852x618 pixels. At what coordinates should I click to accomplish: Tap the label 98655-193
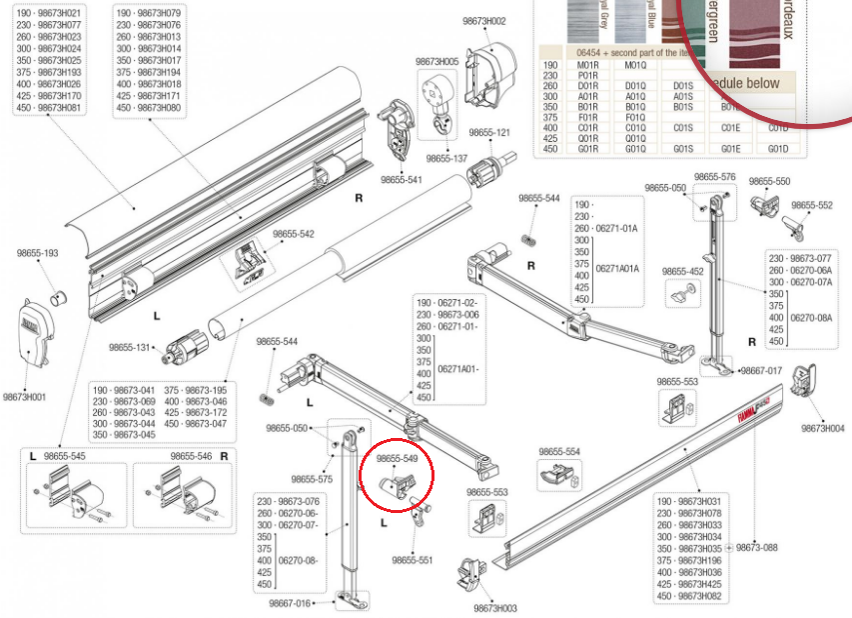click(38, 254)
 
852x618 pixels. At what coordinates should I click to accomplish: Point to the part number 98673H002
click(483, 21)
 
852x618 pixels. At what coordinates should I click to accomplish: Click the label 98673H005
click(436, 62)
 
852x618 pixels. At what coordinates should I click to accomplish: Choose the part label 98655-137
click(445, 158)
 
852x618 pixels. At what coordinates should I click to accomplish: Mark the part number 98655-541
click(401, 180)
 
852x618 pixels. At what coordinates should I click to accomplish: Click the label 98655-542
click(294, 234)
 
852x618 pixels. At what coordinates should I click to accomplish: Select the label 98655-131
click(130, 347)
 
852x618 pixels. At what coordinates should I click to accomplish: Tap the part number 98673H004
click(822, 428)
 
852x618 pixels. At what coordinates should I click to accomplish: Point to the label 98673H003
click(494, 608)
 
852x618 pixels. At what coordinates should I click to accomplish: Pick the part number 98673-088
click(756, 548)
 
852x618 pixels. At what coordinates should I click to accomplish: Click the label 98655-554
click(559, 452)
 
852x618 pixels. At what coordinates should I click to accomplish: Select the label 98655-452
click(682, 271)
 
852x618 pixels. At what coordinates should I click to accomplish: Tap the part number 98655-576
click(714, 177)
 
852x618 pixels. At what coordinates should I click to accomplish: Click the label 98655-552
click(811, 205)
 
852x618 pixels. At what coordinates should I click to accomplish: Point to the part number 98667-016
click(289, 603)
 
